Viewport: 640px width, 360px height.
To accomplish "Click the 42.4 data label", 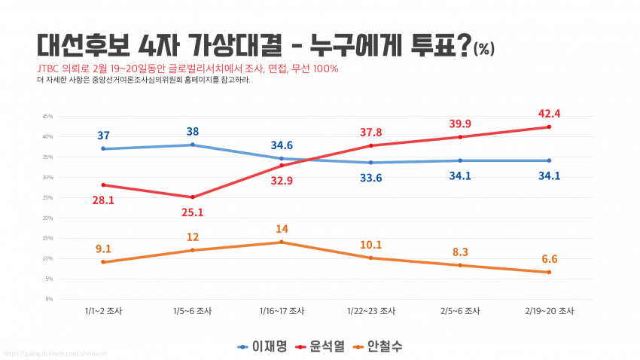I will coord(549,114).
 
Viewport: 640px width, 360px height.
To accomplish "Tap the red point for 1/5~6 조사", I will coord(193,197).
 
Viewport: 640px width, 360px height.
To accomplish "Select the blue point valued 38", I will coord(193,145).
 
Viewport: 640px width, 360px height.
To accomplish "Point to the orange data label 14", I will coord(282,229).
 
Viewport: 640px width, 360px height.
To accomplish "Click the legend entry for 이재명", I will coord(263,346).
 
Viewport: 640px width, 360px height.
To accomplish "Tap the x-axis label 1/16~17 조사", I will coord(282,310).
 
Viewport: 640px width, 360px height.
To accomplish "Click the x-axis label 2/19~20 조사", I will coord(549,310).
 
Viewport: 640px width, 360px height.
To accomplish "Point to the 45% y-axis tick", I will coord(47,117).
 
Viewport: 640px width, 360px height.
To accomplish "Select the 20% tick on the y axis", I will coord(47,218).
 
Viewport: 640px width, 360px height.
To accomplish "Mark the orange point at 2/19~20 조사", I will coord(549,272).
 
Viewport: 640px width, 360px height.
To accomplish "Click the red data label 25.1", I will coord(193,212).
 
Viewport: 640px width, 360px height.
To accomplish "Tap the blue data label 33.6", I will coord(370,178).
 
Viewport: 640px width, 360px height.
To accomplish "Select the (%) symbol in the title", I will coord(484,50).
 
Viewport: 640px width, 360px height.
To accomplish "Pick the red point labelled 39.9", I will coord(460,137).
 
